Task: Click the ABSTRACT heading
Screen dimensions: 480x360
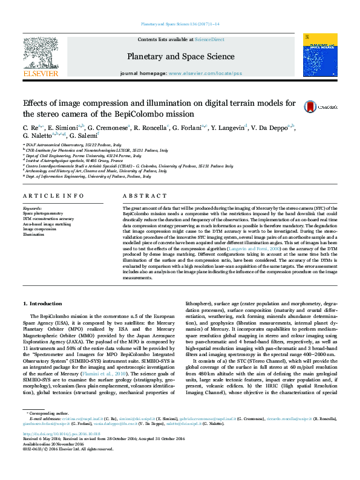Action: click(140, 196)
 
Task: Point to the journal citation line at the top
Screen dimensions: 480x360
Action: click(180, 24)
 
